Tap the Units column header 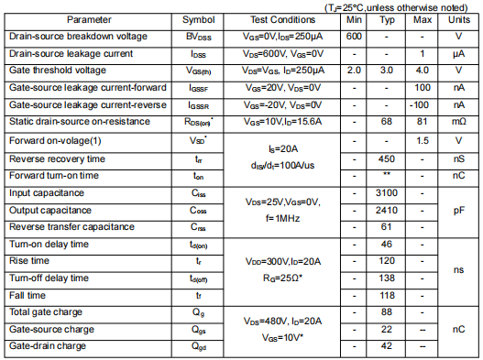click(458, 19)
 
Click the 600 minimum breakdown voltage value click(355, 36)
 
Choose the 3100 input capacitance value click(387, 192)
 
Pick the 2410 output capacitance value click(387, 210)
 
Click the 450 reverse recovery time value click(387, 158)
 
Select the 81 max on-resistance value click(423, 121)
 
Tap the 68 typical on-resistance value click(387, 121)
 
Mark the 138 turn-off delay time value click(387, 278)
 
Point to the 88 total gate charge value click(387, 312)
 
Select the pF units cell click(458, 210)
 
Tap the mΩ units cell click(458, 121)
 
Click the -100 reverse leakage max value click(423, 104)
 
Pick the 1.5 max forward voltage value click(423, 141)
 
